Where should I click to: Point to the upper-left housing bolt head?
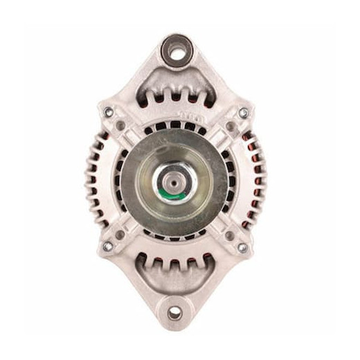click(x=108, y=112)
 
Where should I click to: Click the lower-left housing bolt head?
click(x=107, y=246)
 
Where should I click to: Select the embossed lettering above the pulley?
click(x=191, y=114)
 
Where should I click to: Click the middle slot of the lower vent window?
click(x=174, y=267)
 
